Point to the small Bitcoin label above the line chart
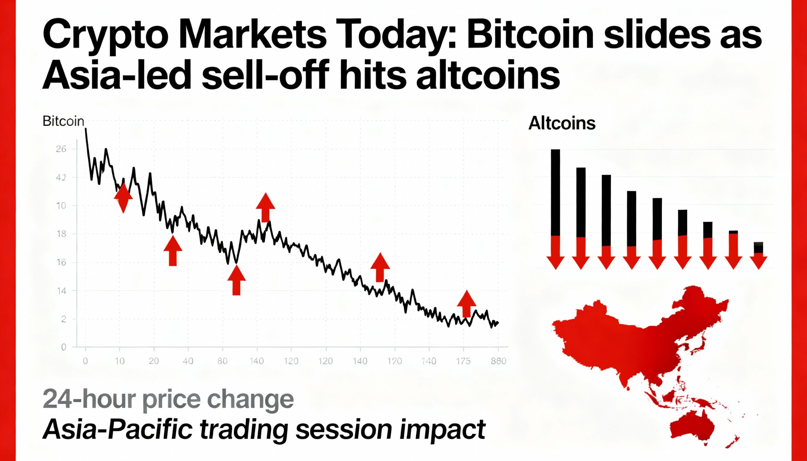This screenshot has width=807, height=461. tap(63, 122)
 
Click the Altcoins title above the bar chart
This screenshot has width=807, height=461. tap(562, 123)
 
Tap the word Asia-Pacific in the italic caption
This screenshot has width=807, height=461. tap(118, 430)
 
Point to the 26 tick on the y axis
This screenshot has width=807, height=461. tap(61, 149)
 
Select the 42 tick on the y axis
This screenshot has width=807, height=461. tap(61, 178)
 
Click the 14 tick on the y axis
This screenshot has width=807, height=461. tap(61, 291)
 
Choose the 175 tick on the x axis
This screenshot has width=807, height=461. tap(463, 361)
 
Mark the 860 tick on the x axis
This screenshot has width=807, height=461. tap(498, 361)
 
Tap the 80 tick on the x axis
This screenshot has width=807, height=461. tap(222, 361)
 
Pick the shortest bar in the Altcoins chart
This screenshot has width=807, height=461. tap(758, 247)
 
